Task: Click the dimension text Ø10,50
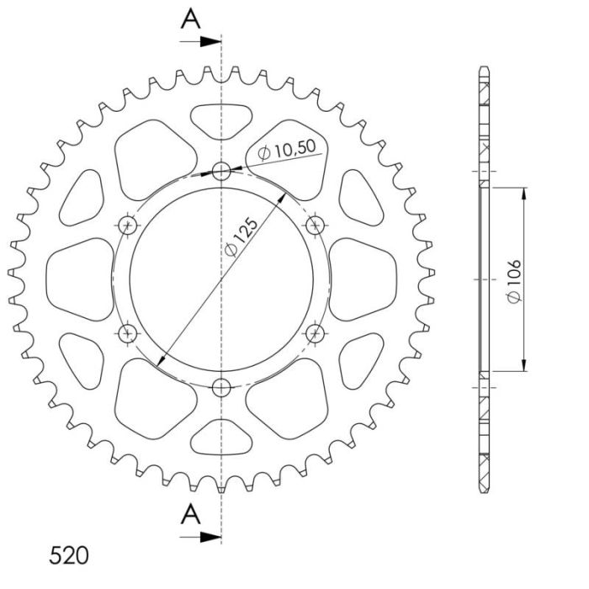click(x=287, y=150)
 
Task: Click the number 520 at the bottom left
click(x=68, y=556)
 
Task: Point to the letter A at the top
click(x=192, y=19)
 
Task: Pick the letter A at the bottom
click(x=192, y=512)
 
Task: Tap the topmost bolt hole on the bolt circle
click(x=221, y=172)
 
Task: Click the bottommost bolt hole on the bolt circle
click(x=221, y=388)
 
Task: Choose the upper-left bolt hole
click(x=128, y=226)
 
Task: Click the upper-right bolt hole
click(x=316, y=226)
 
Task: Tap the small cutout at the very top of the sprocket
click(x=221, y=119)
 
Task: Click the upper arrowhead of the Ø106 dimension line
click(x=524, y=193)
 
